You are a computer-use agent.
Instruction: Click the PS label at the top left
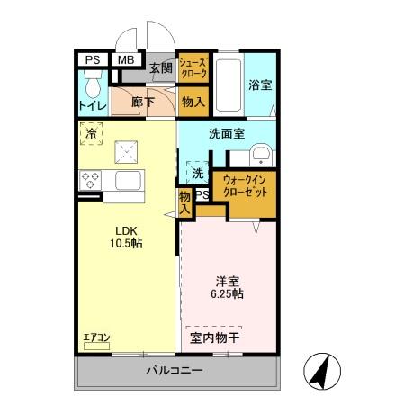[x=91, y=61]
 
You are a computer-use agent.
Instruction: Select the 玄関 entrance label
[x=161, y=67]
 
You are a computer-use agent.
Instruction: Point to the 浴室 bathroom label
[x=260, y=85]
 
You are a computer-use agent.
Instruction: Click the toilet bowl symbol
[x=91, y=86]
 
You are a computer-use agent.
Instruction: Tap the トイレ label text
[x=91, y=106]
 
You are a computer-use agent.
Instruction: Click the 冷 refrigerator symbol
[x=91, y=134]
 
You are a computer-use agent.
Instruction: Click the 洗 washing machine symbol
[x=196, y=171]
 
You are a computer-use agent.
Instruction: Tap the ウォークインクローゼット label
[x=243, y=186]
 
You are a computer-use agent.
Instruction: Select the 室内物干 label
[x=214, y=339]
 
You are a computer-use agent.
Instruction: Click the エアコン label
[x=96, y=337]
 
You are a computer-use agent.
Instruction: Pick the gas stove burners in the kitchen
[x=91, y=180]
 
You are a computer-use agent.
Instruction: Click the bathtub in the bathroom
[x=229, y=85]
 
